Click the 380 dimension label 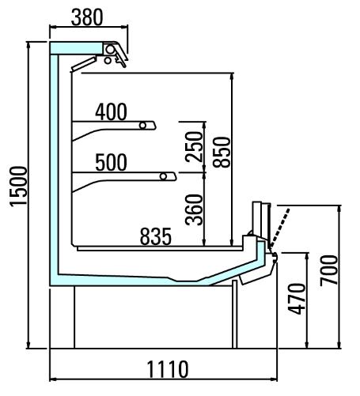coord(87,17)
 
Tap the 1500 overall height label coord(18,186)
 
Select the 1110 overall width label coord(168,369)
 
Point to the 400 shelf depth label coord(111,112)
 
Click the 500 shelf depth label coord(111,163)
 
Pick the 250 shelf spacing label coord(194,147)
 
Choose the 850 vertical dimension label coord(222,153)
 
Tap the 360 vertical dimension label coord(194,209)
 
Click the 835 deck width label coord(156,236)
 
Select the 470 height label coord(297,300)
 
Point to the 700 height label coord(328,270)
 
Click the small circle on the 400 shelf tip coord(143,126)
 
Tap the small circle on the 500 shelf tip coord(164,176)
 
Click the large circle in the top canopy coord(111,49)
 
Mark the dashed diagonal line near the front coord(280,228)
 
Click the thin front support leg coord(235,314)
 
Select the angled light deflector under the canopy coord(84,64)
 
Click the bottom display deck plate coord(160,248)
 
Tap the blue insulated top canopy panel coord(76,48)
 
